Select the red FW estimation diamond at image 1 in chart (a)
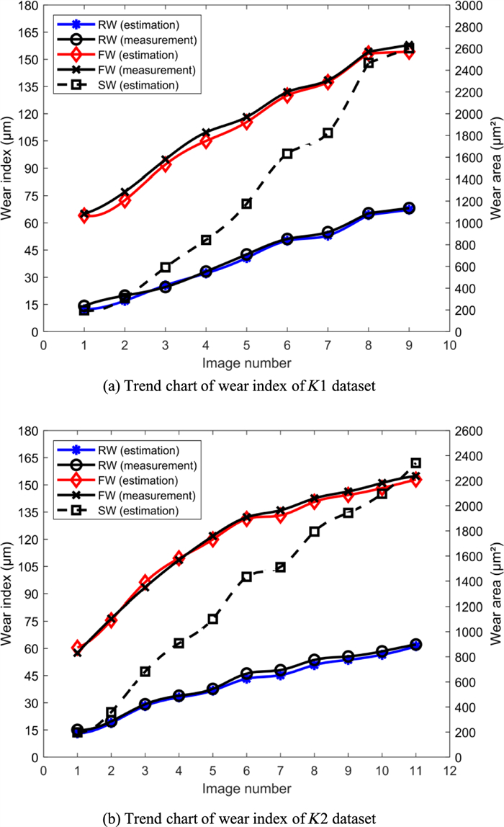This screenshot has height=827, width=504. click(x=84, y=215)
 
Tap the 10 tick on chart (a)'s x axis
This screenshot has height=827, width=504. click(x=450, y=344)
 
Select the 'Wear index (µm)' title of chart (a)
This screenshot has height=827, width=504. click(x=8, y=169)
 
